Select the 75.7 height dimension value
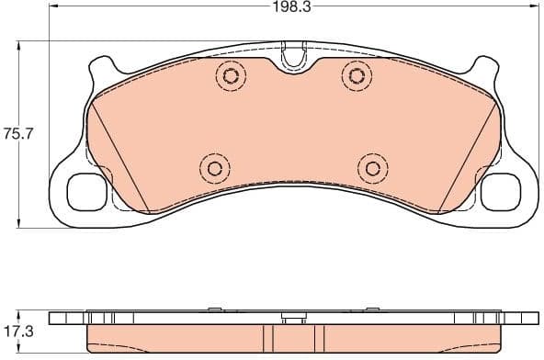coord(18,133)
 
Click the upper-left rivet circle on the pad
coord(229,75)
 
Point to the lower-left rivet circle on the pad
coord(213,167)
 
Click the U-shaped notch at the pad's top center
coord(293,57)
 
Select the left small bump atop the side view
coord(212,309)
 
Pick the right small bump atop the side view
coord(373,309)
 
